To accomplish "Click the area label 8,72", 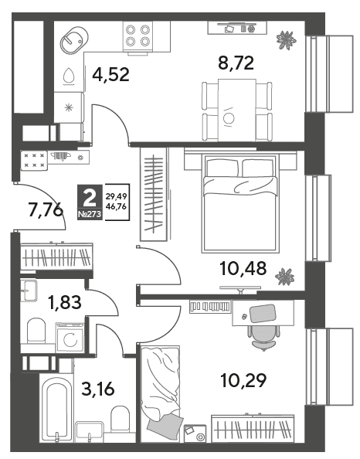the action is pos(236,63).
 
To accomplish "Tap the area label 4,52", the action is pos(110,75).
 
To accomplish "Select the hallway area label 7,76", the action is pos(46,209).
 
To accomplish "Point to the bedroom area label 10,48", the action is pos(243,269).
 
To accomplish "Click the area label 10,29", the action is pos(243,380).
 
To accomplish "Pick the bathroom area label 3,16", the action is pos(98,389).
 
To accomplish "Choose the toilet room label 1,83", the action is pos(65,302).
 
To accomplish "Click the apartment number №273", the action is pos(90,214).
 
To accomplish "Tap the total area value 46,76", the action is pos(116,206).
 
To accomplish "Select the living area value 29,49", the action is pos(116,196).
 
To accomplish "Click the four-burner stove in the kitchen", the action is pos(138,36).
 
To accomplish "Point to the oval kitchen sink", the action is pos(73,40).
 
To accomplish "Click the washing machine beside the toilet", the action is pos(70,337).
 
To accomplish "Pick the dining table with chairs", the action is pos(236,110).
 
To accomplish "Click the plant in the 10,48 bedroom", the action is pos(284,277).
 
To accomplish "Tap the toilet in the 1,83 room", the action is pos(36,331).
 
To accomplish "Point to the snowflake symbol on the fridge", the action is pos(69,107).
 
